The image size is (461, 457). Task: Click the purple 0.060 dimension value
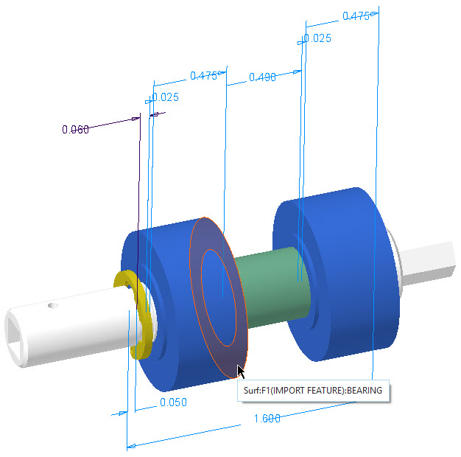coord(75,130)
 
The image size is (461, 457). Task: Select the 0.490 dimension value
coord(263,77)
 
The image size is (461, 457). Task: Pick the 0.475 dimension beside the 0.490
coord(203,75)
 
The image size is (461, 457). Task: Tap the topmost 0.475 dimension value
coord(356,15)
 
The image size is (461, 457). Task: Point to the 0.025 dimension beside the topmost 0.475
coord(317,38)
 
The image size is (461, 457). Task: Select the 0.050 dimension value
coord(173,402)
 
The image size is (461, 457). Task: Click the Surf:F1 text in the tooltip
coord(257,391)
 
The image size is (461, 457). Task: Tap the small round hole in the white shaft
coord(52,304)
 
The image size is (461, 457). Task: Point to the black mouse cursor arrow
coord(240,371)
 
